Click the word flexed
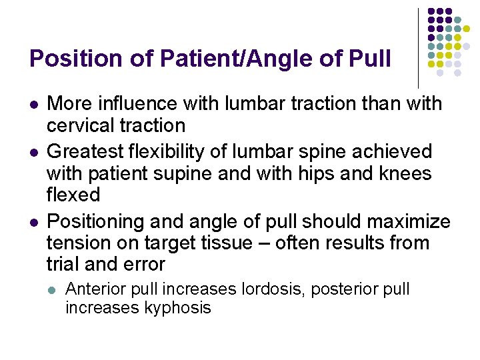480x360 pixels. pyautogui.click(x=73, y=195)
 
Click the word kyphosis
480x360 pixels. pyautogui.click(x=177, y=308)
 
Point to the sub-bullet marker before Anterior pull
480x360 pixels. pyautogui.click(x=53, y=290)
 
